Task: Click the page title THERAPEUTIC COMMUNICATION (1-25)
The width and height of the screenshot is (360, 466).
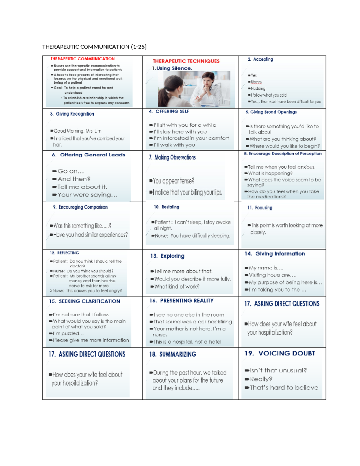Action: point(94,47)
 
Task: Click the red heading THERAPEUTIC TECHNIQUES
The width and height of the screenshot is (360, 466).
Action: point(186,61)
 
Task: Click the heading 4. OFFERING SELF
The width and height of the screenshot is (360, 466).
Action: point(169,111)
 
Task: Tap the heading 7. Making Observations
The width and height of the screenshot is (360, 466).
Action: point(172,158)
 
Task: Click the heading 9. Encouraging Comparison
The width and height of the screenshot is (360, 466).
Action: point(80,207)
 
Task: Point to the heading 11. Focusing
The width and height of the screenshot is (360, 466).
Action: point(260,208)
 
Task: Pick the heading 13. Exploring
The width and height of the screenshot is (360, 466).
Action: point(167,256)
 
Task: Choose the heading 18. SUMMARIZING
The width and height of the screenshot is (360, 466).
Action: point(172,354)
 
